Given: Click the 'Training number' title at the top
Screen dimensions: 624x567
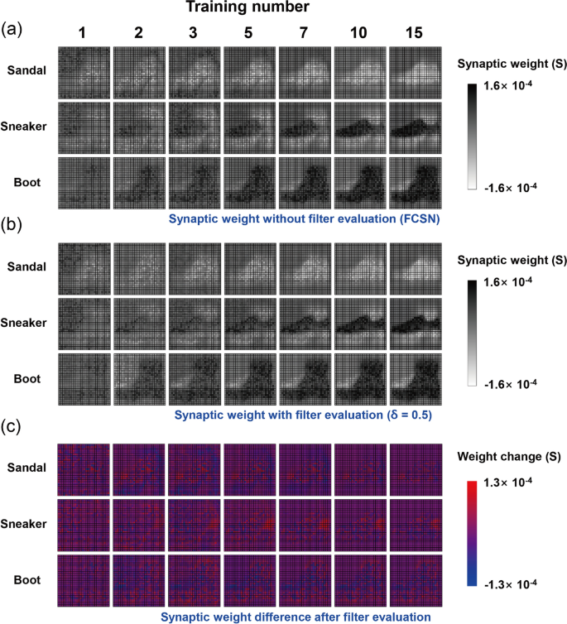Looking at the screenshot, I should [247, 9].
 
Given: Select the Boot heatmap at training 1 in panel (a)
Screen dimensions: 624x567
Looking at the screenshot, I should [84, 182].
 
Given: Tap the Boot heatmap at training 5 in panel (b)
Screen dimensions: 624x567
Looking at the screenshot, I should [249, 380].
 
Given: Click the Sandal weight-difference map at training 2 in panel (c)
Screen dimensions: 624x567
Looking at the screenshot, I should [139, 470].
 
